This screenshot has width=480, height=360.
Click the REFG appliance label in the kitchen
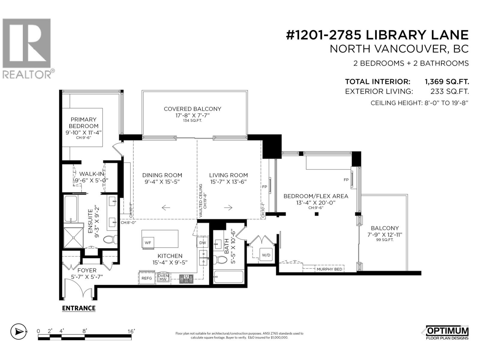click(x=146, y=278)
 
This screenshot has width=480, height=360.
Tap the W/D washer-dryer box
click(x=266, y=255)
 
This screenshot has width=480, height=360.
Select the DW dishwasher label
click(x=202, y=243)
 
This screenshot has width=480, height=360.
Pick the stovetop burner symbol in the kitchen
click(x=186, y=279)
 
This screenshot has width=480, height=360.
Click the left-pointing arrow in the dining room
click(x=166, y=207)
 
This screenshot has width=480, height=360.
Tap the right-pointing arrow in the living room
click(x=228, y=207)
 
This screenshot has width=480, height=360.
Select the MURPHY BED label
click(x=329, y=269)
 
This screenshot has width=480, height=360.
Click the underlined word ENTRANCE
click(x=79, y=308)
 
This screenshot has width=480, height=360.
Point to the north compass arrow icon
click(x=19, y=332)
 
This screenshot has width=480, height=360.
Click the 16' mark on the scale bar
click(x=131, y=331)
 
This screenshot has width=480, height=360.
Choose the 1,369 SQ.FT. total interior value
click(x=447, y=82)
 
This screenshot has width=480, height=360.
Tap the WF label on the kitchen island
click(x=148, y=243)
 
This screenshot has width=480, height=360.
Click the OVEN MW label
click(x=163, y=277)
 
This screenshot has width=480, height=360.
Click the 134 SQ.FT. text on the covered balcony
click(x=192, y=121)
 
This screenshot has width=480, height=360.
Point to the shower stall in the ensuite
click(x=73, y=237)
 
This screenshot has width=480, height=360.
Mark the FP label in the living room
click(x=265, y=187)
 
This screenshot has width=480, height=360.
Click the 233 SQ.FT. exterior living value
click(x=450, y=91)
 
